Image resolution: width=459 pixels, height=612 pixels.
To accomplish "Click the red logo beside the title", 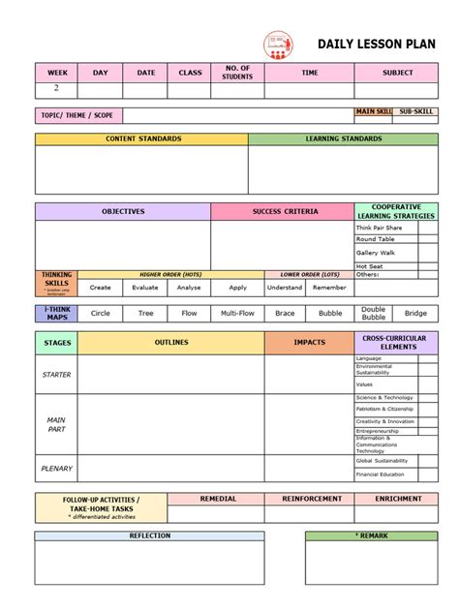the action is pos(278,44).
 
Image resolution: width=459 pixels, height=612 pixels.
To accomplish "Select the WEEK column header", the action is pos(57,73).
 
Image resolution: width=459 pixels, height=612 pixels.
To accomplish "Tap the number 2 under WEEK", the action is pos(56,89).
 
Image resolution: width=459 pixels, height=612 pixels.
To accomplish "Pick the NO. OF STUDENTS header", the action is pos(237,73).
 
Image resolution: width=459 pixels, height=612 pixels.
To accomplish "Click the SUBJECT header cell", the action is pos(397,73).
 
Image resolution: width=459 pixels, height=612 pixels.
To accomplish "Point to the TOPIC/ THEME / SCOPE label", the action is pos(77,115).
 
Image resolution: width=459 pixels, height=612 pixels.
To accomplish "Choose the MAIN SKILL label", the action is pos(374,112).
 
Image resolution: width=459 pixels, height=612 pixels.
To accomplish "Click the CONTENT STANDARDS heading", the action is pos(142,139).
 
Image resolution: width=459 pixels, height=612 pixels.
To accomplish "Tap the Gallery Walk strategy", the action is pos(375,253).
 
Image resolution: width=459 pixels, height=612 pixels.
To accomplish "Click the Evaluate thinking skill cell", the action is pos(145,288).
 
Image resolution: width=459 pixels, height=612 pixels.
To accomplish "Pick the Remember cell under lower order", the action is pos(329,288).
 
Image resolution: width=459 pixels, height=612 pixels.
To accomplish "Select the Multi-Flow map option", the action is pos(237,314).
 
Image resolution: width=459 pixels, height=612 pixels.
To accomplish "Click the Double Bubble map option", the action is pos(373,314).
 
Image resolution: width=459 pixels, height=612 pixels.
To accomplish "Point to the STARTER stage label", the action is pos(56,374).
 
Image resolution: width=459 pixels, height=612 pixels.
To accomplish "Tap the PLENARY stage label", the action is pos(56,469).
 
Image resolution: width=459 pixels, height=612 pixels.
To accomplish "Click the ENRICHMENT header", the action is pos(396,499).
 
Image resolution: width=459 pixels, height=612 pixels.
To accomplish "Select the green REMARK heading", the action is pos(372,535).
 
